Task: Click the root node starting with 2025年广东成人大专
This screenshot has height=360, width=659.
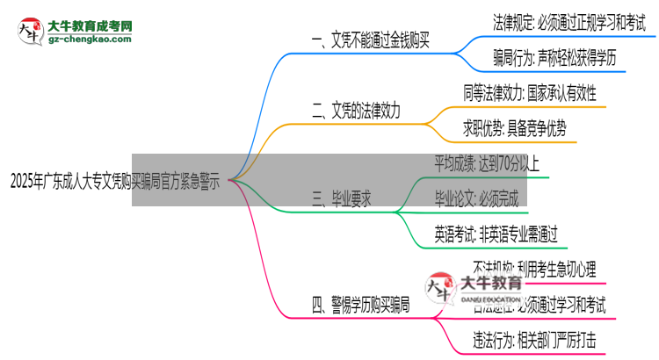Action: (x=115, y=182)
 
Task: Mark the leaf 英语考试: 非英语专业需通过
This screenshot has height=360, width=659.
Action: (x=496, y=233)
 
